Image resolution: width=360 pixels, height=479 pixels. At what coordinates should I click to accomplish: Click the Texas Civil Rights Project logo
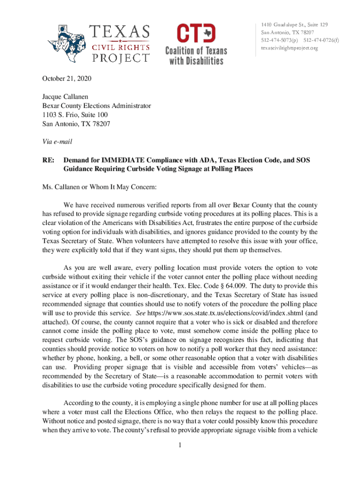99,44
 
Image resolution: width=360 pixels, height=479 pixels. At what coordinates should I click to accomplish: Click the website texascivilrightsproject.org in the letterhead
289,48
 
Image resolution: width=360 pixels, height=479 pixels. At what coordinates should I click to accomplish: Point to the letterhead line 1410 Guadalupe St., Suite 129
294,24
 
